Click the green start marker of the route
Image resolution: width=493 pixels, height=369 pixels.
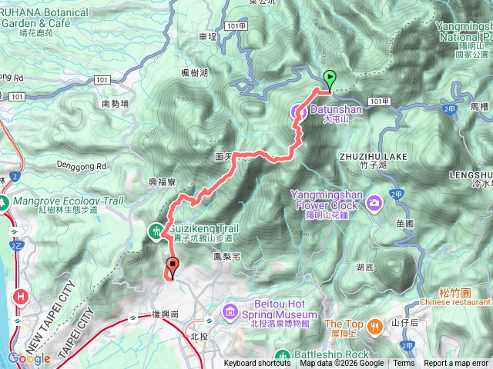click(330, 78)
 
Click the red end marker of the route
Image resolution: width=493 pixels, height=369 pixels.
click(172, 268)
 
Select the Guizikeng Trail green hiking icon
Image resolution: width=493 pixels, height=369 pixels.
click(157, 230)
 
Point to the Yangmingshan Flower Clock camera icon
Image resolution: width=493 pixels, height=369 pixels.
click(374, 203)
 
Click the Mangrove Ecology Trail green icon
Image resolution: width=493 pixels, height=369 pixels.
click(5, 203)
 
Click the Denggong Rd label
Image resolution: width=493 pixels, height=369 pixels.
click(81, 165)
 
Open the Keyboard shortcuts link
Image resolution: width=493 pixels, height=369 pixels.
click(257, 364)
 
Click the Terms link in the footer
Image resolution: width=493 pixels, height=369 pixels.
click(404, 364)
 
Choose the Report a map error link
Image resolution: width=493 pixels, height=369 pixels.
click(456, 364)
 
